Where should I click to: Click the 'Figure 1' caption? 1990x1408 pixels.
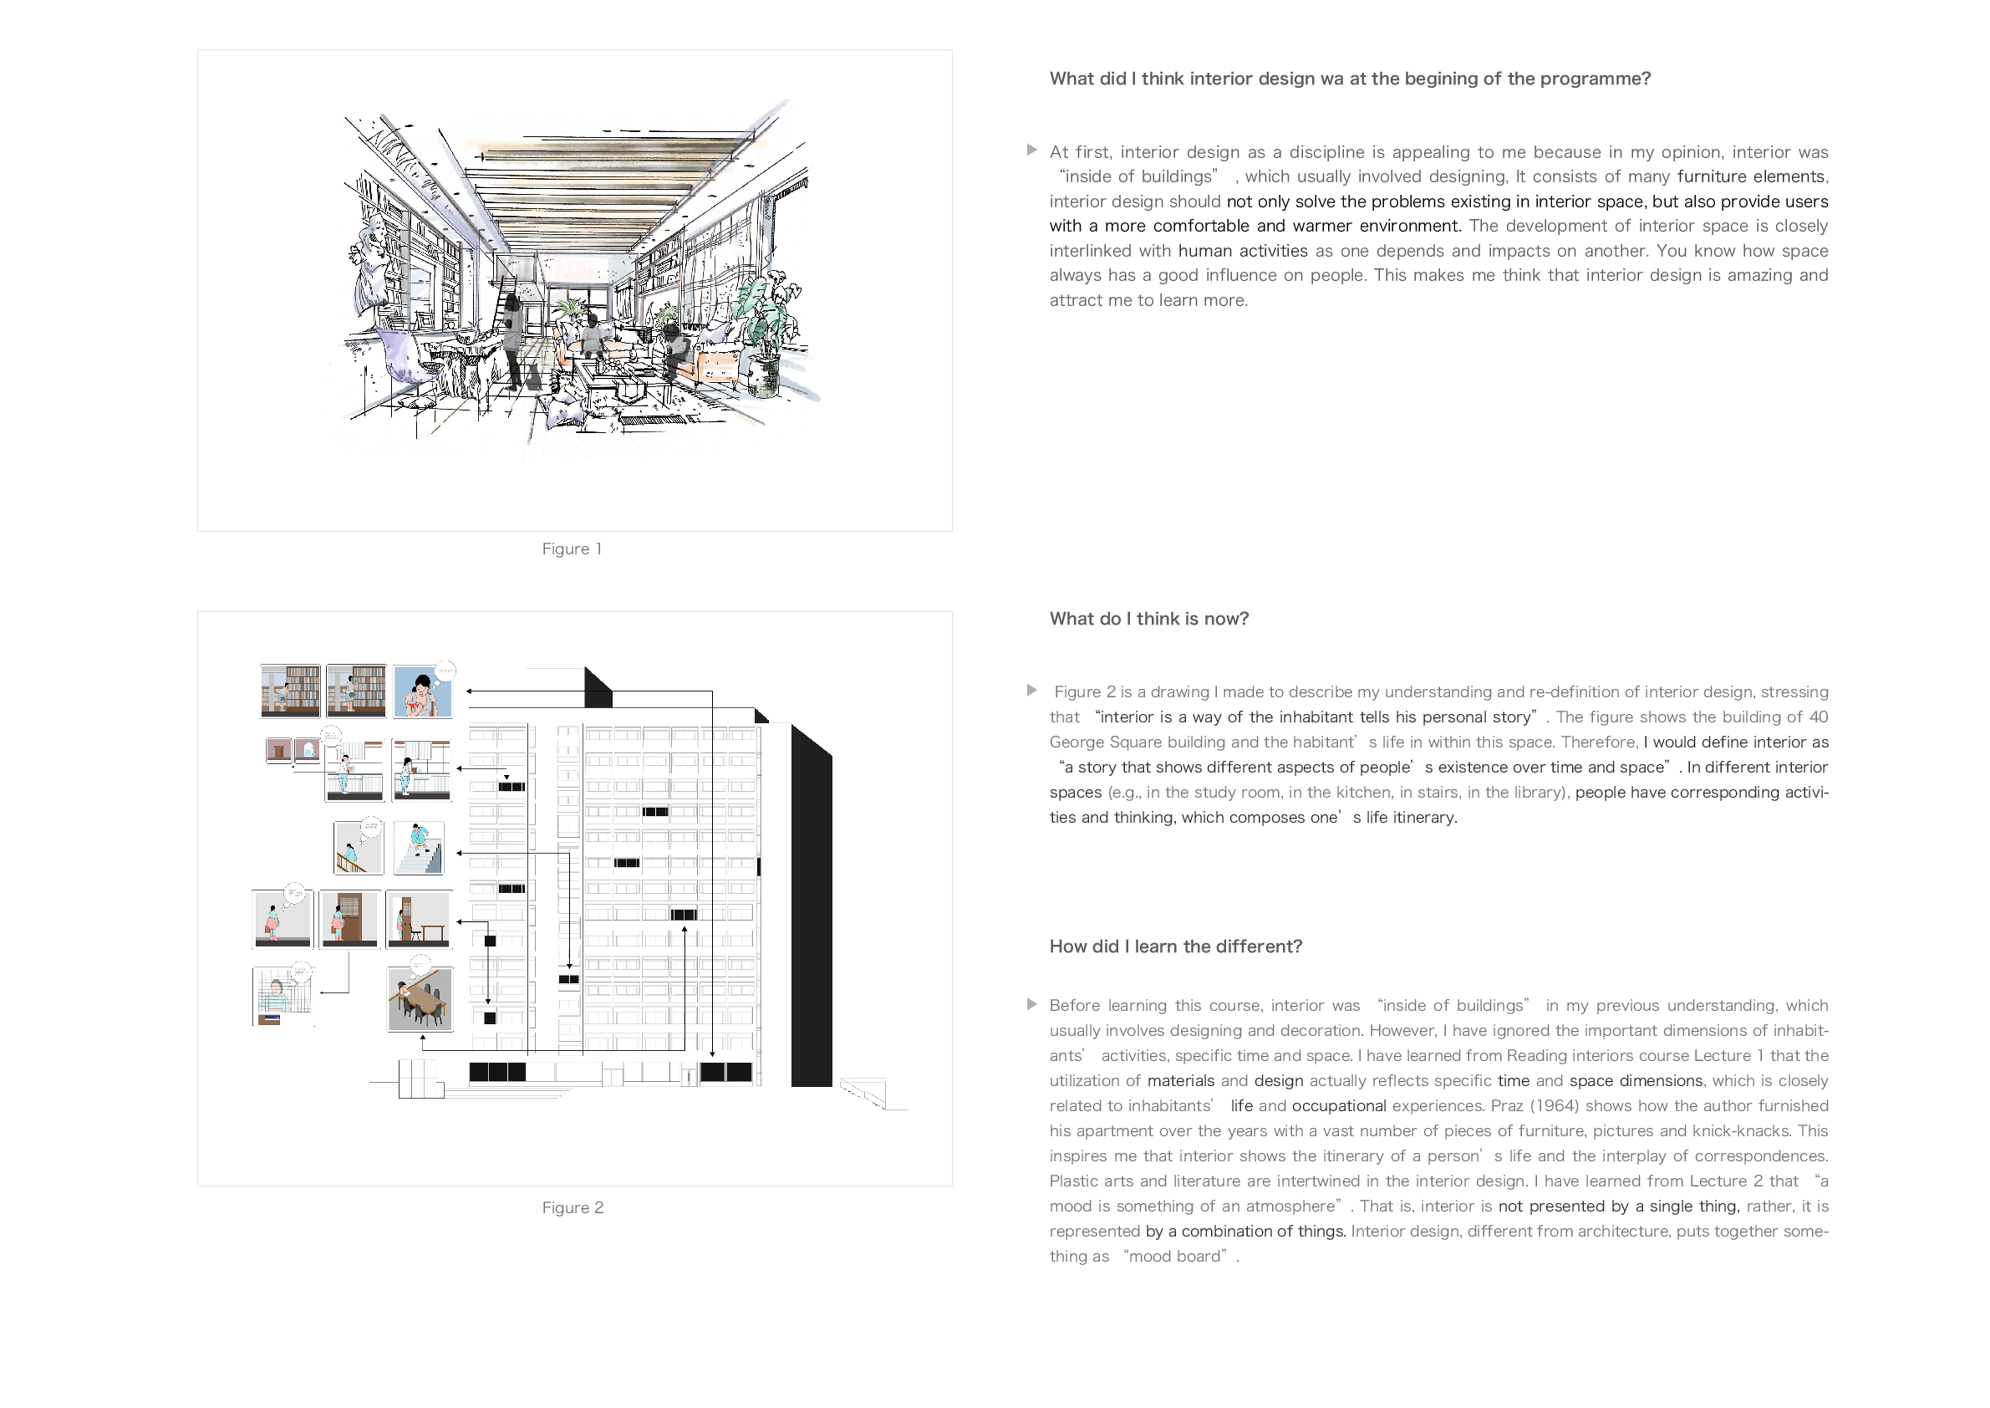click(571, 548)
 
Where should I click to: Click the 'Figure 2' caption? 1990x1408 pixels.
click(572, 1207)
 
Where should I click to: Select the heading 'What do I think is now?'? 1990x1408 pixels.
click(1148, 619)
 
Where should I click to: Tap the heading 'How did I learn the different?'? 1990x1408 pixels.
click(1175, 946)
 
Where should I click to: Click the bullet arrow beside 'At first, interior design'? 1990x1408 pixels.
click(1031, 150)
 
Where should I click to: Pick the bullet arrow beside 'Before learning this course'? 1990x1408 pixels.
click(1031, 1004)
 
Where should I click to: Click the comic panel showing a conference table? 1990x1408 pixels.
click(420, 1000)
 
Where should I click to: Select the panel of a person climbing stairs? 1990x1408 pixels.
click(419, 848)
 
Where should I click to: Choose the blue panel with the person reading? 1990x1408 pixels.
click(423, 691)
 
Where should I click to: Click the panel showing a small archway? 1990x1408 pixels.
click(307, 750)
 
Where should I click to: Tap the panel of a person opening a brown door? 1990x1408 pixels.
click(349, 919)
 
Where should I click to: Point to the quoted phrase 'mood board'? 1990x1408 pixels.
click(1176, 1257)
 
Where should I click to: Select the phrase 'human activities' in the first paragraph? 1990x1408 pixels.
click(1242, 251)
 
